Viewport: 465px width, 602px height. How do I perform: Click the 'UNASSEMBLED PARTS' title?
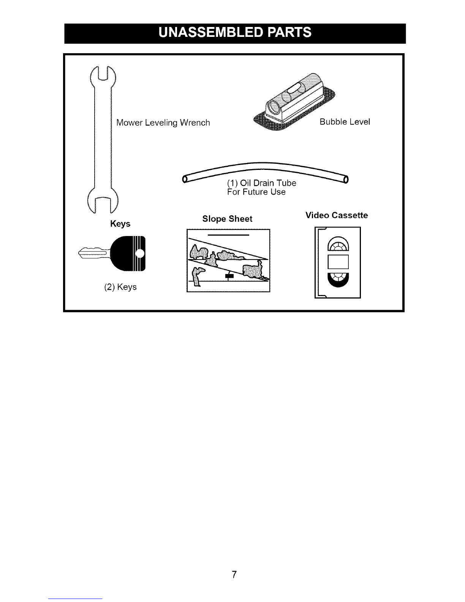tap(235, 32)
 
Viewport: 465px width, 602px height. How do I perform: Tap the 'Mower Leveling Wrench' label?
tap(163, 122)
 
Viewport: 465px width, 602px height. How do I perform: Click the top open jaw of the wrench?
tap(103, 75)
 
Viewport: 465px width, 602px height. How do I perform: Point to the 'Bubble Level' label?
tap(345, 122)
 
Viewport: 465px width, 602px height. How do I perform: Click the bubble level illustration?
tap(294, 102)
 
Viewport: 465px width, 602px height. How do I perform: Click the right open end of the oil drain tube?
tap(346, 179)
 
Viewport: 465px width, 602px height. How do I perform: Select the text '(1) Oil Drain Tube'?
tap(262, 183)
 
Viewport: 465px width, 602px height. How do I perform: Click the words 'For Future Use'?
tap(256, 192)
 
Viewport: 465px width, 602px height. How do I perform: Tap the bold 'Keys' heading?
tap(120, 223)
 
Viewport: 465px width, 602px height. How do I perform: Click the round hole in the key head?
tap(140, 253)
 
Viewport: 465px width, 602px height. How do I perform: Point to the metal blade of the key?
tap(94, 253)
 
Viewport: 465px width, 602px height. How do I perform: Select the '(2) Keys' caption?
tap(120, 287)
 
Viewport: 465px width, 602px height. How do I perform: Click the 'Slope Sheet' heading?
tap(227, 219)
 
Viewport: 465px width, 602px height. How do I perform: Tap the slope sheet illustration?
tap(228, 260)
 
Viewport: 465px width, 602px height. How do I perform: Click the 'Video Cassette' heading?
tap(337, 215)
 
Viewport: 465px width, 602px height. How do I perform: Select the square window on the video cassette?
tap(338, 262)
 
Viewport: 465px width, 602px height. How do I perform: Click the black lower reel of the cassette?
tap(338, 280)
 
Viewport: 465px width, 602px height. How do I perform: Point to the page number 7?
tap(234, 574)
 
